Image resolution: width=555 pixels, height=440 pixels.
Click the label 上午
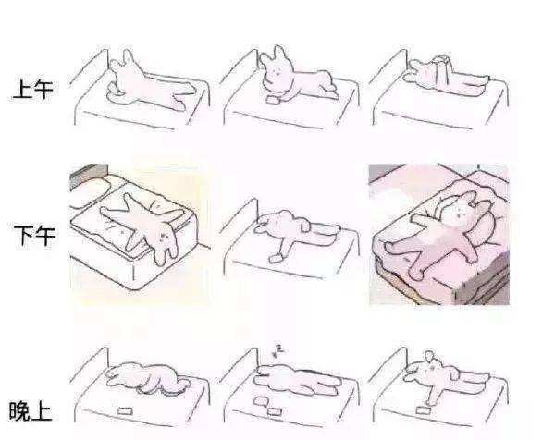coord(32,89)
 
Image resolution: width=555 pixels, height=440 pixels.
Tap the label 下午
coord(34,235)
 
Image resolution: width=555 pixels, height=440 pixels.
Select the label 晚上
coord(31,410)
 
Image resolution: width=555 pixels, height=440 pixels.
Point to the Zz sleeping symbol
coord(277,350)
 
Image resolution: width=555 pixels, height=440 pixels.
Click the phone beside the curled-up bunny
coord(125,411)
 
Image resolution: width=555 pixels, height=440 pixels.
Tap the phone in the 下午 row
coord(276,258)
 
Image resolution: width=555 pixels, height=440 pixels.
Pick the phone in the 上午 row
coord(273,101)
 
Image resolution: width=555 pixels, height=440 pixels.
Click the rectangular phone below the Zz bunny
coord(274,412)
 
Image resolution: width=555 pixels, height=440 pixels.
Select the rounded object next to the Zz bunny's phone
coord(261,401)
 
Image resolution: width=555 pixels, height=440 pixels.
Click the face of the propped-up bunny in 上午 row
coord(276,74)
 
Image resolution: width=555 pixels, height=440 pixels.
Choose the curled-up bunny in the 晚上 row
coord(147,378)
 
